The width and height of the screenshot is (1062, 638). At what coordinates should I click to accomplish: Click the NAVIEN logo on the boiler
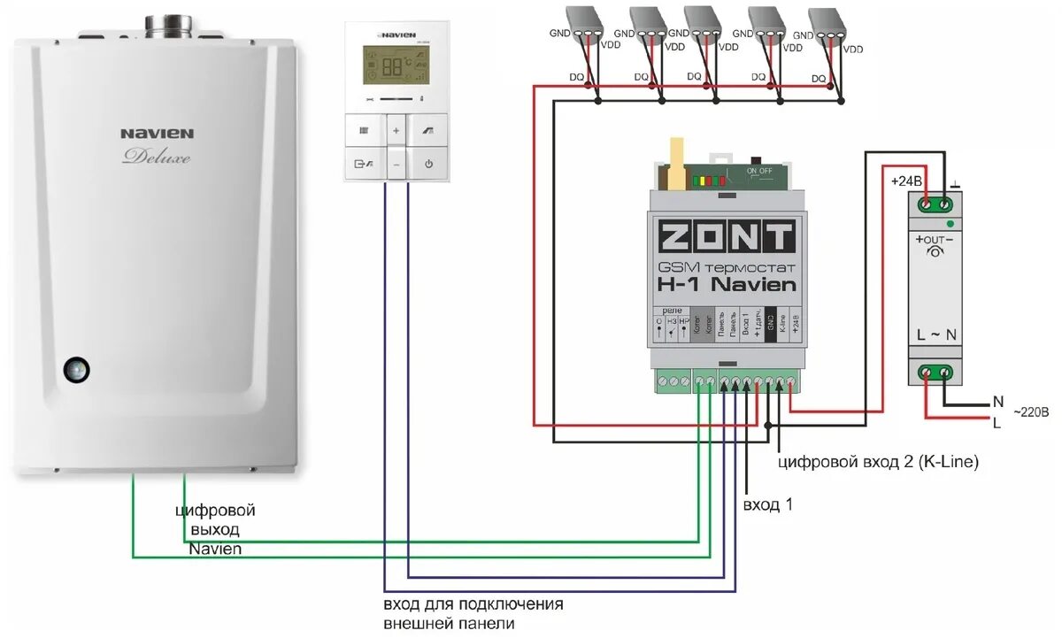[157, 134]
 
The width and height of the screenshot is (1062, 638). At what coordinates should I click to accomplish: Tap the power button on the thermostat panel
[428, 164]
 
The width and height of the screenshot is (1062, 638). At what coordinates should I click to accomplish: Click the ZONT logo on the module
[725, 236]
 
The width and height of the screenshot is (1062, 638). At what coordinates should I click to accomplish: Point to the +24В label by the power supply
[904, 181]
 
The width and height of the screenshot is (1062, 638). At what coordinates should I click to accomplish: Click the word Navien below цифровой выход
[215, 549]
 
